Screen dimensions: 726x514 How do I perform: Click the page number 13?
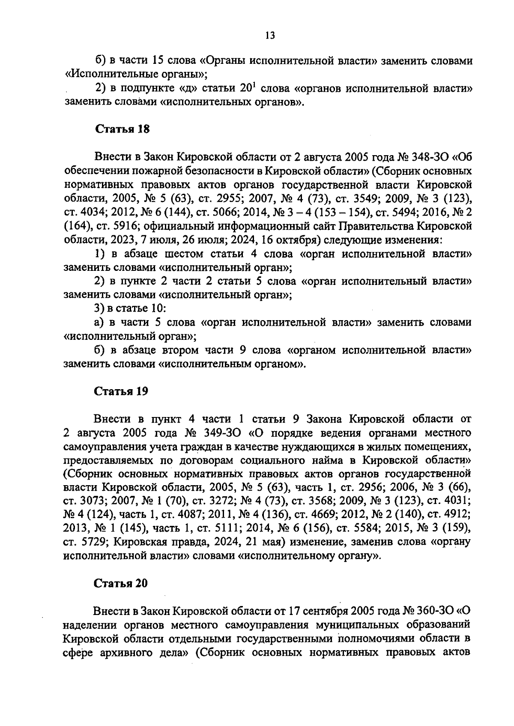click(x=270, y=35)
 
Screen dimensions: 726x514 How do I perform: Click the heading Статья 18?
click(x=122, y=129)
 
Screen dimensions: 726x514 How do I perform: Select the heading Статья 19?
click(x=121, y=391)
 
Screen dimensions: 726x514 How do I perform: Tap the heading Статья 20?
click(x=121, y=583)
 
